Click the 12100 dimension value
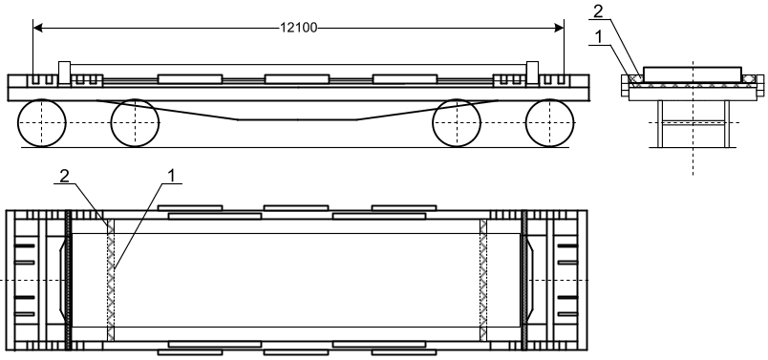point(298,28)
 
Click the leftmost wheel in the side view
point(42,122)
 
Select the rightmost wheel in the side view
point(549,122)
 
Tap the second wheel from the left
point(135,122)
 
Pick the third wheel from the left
point(457,122)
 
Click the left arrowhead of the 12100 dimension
point(38,29)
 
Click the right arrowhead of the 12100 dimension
point(559,29)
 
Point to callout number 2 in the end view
point(598,11)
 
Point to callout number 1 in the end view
point(597,37)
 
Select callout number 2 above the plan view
point(64,177)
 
